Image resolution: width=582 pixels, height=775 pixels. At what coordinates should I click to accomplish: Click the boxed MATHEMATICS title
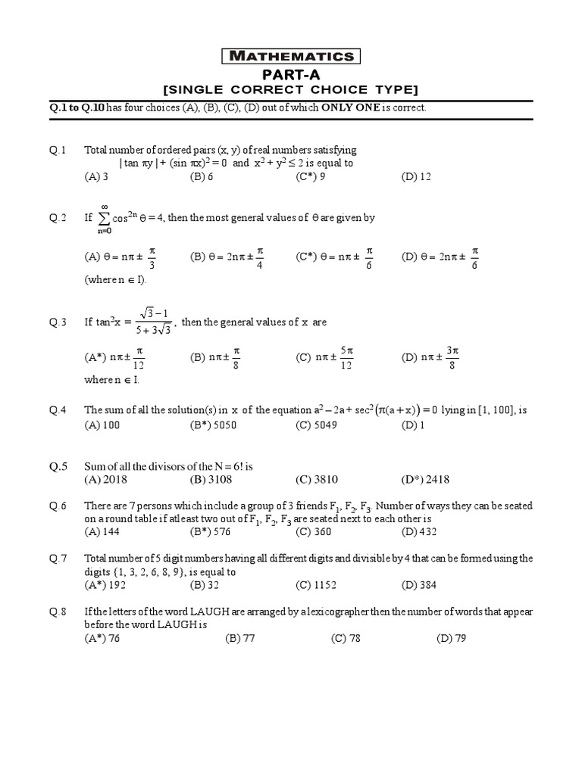(x=291, y=56)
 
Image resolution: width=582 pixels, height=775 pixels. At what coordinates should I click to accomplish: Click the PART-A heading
(x=291, y=73)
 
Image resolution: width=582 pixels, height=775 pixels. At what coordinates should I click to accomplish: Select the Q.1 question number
(x=58, y=150)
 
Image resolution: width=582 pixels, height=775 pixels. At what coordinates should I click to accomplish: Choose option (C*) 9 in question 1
(x=311, y=176)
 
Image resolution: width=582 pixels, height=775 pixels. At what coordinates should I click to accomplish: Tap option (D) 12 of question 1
(x=416, y=176)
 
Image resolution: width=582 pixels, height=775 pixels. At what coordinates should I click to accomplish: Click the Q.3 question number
(x=58, y=322)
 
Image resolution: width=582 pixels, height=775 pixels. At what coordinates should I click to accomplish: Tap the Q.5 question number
(x=58, y=467)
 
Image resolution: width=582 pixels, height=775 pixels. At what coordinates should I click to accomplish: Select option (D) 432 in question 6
(x=418, y=532)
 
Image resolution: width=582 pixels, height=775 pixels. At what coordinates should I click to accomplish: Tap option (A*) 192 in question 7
(x=104, y=585)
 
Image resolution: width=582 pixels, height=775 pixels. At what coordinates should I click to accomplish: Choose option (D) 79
(x=451, y=638)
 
